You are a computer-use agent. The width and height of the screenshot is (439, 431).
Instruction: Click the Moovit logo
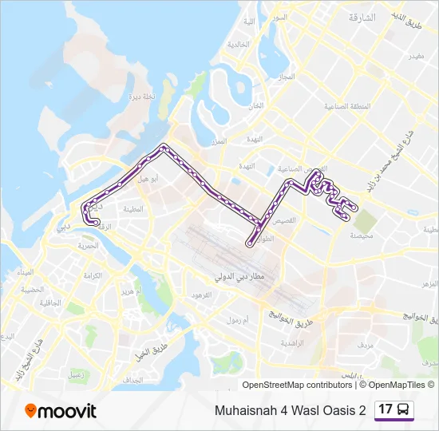[x=60, y=411]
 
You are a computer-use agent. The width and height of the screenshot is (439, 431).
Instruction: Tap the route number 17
[x=386, y=409]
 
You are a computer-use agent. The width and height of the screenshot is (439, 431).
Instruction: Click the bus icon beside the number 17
[x=404, y=410]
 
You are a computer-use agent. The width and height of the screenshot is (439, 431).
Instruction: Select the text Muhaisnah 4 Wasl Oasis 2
[x=290, y=410]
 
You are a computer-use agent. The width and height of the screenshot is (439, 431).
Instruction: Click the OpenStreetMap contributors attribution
[x=297, y=385]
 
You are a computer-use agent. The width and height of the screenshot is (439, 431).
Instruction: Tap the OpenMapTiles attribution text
[x=397, y=385]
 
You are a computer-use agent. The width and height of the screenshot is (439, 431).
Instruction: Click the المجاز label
[x=287, y=77]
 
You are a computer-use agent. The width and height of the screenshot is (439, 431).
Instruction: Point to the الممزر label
[x=217, y=141]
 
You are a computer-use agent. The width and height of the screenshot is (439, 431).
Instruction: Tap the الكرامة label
[x=93, y=275]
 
